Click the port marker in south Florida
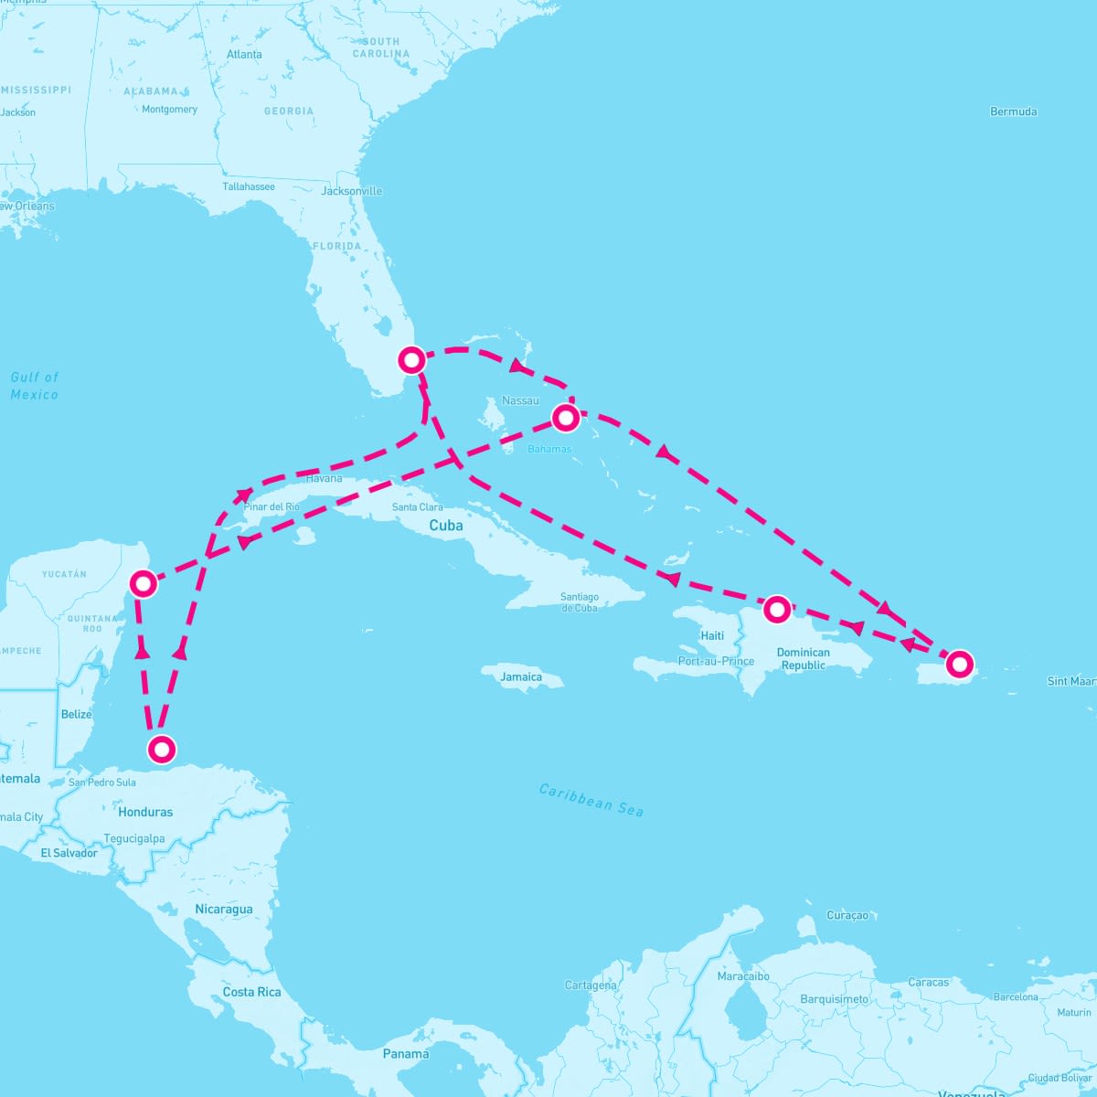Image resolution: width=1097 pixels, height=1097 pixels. (412, 360)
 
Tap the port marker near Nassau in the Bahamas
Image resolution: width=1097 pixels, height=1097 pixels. (566, 419)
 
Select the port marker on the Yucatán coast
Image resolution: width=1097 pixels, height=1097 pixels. (143, 582)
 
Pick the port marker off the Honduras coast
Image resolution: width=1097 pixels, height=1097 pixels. (161, 750)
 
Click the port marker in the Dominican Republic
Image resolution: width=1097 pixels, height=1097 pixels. (776, 609)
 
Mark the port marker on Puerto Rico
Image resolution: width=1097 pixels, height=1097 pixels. (959, 664)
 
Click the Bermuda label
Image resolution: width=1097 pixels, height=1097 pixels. (1013, 112)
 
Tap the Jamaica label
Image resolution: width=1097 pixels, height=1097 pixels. (521, 677)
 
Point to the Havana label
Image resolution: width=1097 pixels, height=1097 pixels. (325, 478)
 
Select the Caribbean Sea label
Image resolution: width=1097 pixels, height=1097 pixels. (591, 800)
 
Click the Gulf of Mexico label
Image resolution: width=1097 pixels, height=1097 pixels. (35, 386)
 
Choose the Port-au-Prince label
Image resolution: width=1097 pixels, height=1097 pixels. (716, 661)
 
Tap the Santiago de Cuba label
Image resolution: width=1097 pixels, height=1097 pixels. (580, 602)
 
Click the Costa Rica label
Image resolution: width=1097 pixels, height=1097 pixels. (251, 992)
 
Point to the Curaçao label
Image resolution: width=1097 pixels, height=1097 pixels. (847, 915)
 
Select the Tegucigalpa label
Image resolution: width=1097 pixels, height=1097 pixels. (134, 838)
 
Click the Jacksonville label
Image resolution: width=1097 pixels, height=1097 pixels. (351, 191)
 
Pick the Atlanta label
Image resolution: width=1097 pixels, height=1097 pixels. (244, 55)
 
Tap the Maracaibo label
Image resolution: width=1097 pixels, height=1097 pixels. (742, 976)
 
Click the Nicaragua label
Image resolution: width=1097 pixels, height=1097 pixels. (223, 910)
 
